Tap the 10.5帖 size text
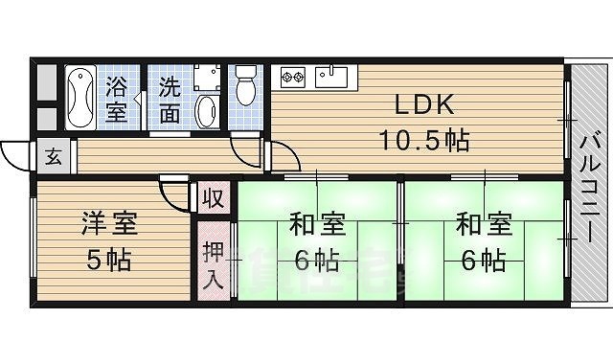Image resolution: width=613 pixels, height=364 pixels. point(421,142)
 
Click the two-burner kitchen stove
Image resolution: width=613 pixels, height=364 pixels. point(292,76)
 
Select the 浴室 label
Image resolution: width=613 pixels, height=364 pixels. point(117,99)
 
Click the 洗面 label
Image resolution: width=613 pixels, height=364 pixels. point(170,99)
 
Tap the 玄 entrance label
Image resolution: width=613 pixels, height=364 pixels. point(53,157)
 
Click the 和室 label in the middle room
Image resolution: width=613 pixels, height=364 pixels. point(316,227)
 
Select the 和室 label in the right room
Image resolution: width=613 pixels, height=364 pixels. point(482,227)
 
